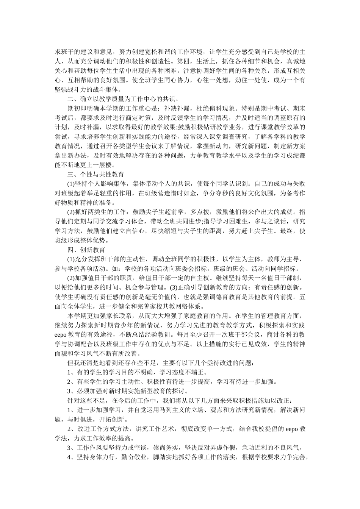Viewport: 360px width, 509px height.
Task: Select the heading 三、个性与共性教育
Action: [x=95, y=175]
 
